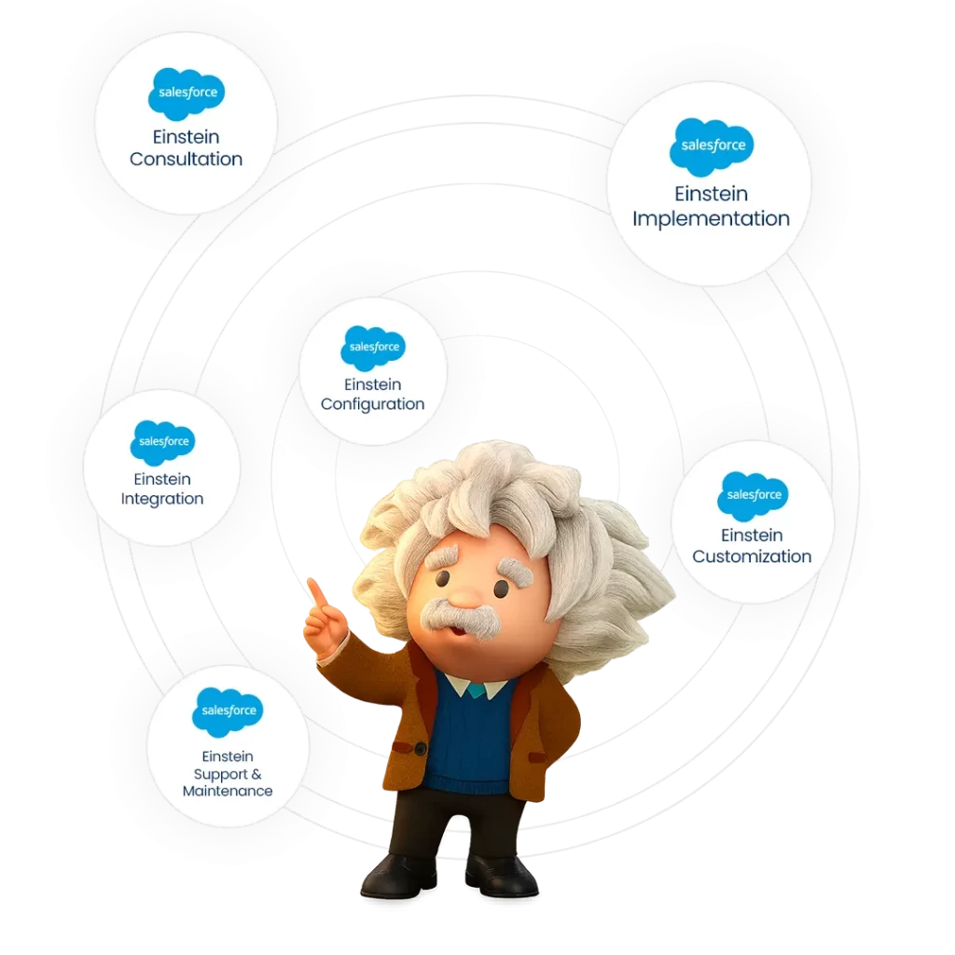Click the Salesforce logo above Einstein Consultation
[187, 93]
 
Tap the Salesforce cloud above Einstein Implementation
[712, 146]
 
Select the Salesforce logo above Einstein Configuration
[373, 348]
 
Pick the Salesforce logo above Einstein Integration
[162, 442]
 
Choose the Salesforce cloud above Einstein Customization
[753, 496]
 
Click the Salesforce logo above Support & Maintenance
[228, 712]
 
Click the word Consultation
[186, 159]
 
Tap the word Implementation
[711, 218]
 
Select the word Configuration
[373, 405]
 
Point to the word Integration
[162, 499]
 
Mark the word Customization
[752, 556]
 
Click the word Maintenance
[228, 791]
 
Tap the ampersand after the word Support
[256, 774]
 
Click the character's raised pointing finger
[315, 591]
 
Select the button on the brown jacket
[421, 749]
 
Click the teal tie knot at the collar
[477, 690]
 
